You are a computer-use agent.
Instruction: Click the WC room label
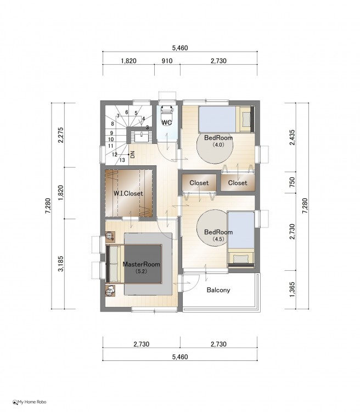167,122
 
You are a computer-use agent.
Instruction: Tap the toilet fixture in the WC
167,112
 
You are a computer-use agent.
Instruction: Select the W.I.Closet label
128,193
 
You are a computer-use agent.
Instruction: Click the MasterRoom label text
141,264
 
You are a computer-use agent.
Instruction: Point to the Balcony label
218,290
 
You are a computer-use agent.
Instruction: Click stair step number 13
122,160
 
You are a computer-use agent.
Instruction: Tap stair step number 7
118,116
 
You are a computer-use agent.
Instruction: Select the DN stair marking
133,154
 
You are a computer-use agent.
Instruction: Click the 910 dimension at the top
167,61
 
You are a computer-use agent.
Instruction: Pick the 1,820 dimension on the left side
61,193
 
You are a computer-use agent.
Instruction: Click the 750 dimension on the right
292,182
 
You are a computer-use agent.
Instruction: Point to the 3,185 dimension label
61,264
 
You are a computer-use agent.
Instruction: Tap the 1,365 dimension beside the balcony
292,290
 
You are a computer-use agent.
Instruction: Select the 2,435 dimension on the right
292,137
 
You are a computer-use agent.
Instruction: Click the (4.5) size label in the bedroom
218,239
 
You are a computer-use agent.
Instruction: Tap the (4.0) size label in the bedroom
218,144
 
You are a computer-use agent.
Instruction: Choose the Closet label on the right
238,183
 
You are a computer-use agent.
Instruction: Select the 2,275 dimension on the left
61,135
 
